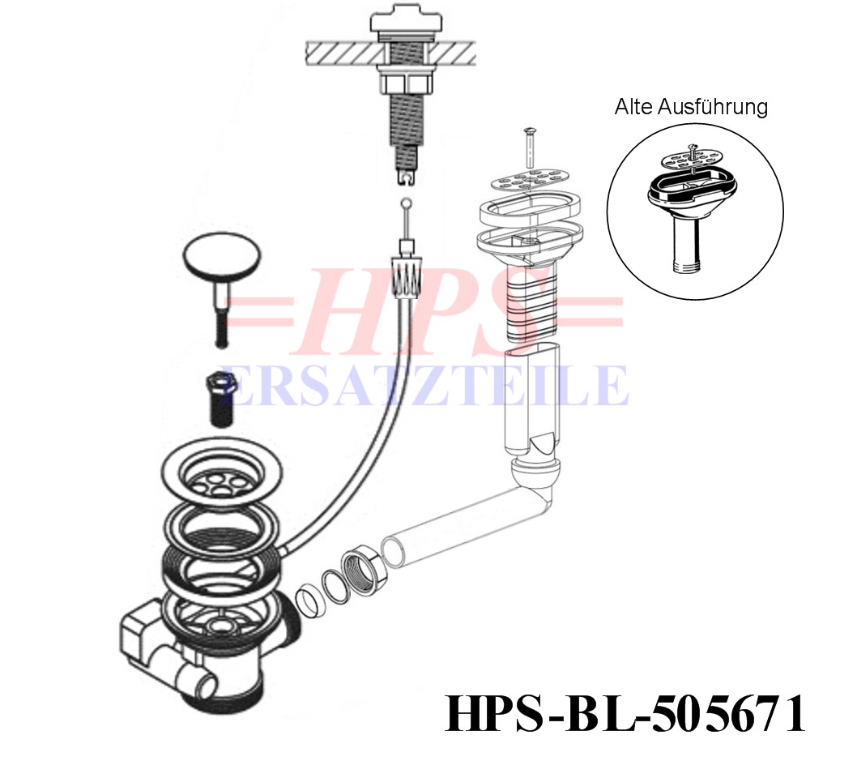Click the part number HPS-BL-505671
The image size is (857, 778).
625,714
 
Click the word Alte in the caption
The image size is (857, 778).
634,107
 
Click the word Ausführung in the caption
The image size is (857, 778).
713,107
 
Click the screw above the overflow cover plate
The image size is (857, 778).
530,147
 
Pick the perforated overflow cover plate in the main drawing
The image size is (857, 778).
530,179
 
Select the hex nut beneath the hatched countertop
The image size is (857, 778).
406,83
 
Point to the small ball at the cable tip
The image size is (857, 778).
406,203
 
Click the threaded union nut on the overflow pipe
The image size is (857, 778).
365,572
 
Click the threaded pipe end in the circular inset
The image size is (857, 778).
689,267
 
